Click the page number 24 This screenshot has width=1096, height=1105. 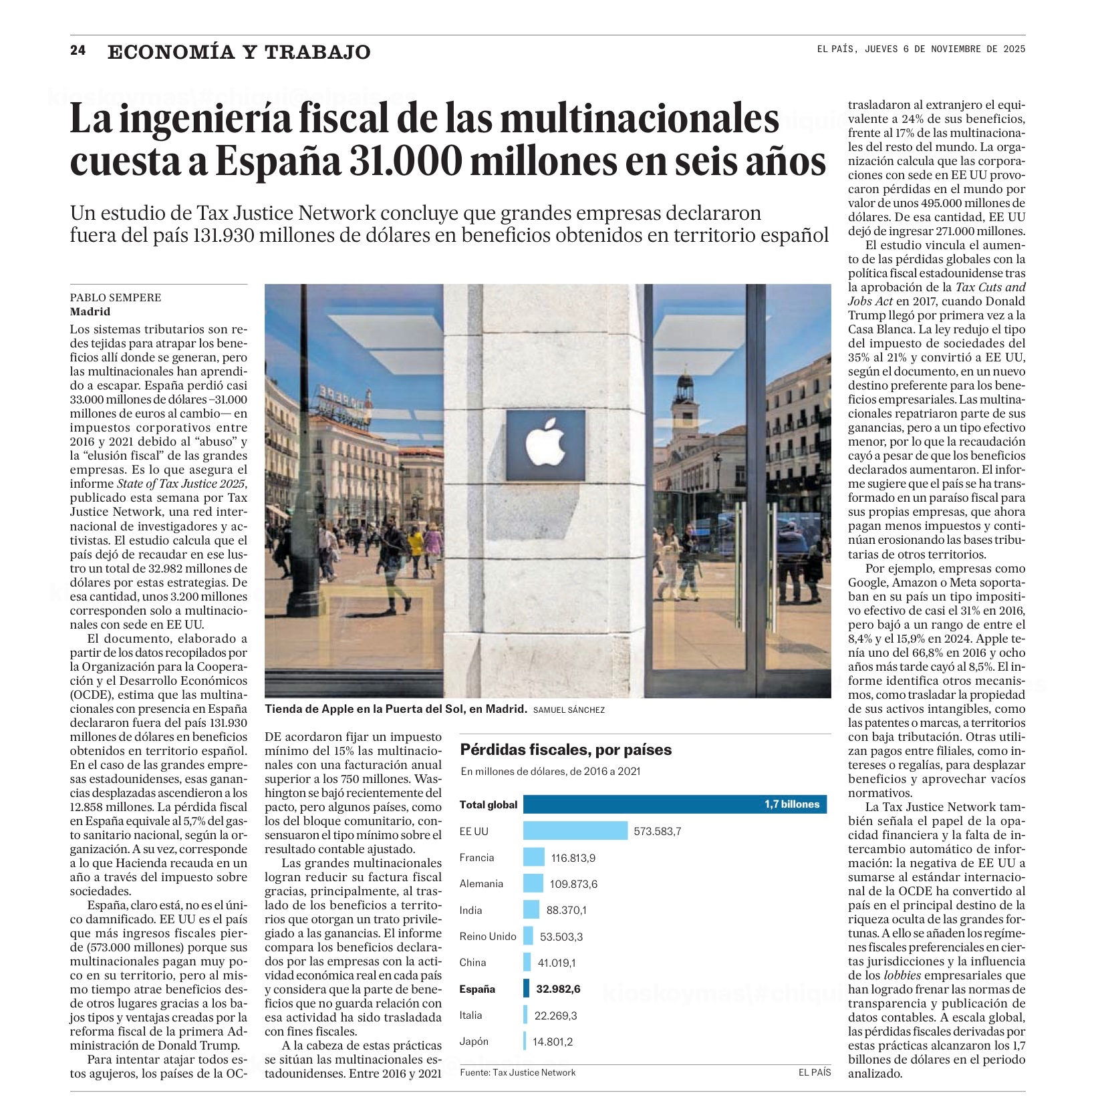(x=78, y=51)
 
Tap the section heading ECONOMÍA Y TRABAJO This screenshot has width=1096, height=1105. (x=239, y=52)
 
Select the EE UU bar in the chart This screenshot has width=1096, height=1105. (x=575, y=831)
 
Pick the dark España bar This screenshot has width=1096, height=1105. (x=526, y=989)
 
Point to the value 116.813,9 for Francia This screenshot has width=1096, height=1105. (x=573, y=858)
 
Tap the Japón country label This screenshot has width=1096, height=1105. (x=474, y=1041)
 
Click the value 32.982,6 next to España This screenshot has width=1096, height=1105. (x=558, y=989)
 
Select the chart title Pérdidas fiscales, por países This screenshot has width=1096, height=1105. (x=565, y=750)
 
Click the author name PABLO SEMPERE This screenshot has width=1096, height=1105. (x=116, y=297)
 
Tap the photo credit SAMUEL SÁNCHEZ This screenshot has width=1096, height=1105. (x=569, y=710)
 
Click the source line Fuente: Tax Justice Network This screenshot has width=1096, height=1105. (x=517, y=1072)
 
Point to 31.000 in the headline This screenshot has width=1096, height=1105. (x=406, y=161)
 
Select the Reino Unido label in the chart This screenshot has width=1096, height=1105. (x=488, y=936)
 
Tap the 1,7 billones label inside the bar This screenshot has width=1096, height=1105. (x=792, y=804)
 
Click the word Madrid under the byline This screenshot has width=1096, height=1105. (x=90, y=311)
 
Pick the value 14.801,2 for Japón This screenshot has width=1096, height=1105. (x=553, y=1042)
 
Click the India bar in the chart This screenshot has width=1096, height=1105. (x=531, y=910)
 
